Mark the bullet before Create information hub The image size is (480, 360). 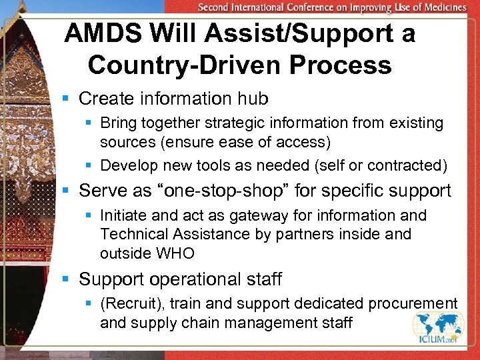click(65, 99)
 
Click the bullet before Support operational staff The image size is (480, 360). click(65, 279)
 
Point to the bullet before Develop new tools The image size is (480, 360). click(90, 166)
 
